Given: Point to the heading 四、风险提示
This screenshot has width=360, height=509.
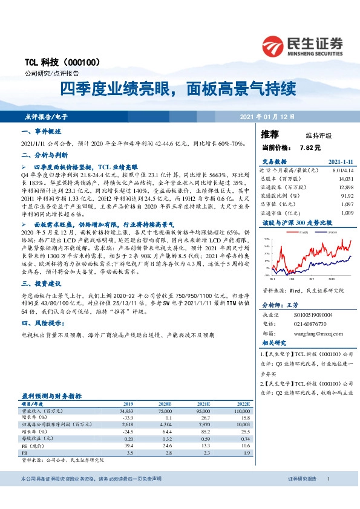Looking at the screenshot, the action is (x=42, y=323).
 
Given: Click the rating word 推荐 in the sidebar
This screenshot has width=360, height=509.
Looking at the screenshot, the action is (x=270, y=134).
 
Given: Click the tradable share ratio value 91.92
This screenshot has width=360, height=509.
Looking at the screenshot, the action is (x=347, y=196).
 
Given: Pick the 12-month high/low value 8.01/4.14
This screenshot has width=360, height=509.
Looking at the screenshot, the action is (x=341, y=171).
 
